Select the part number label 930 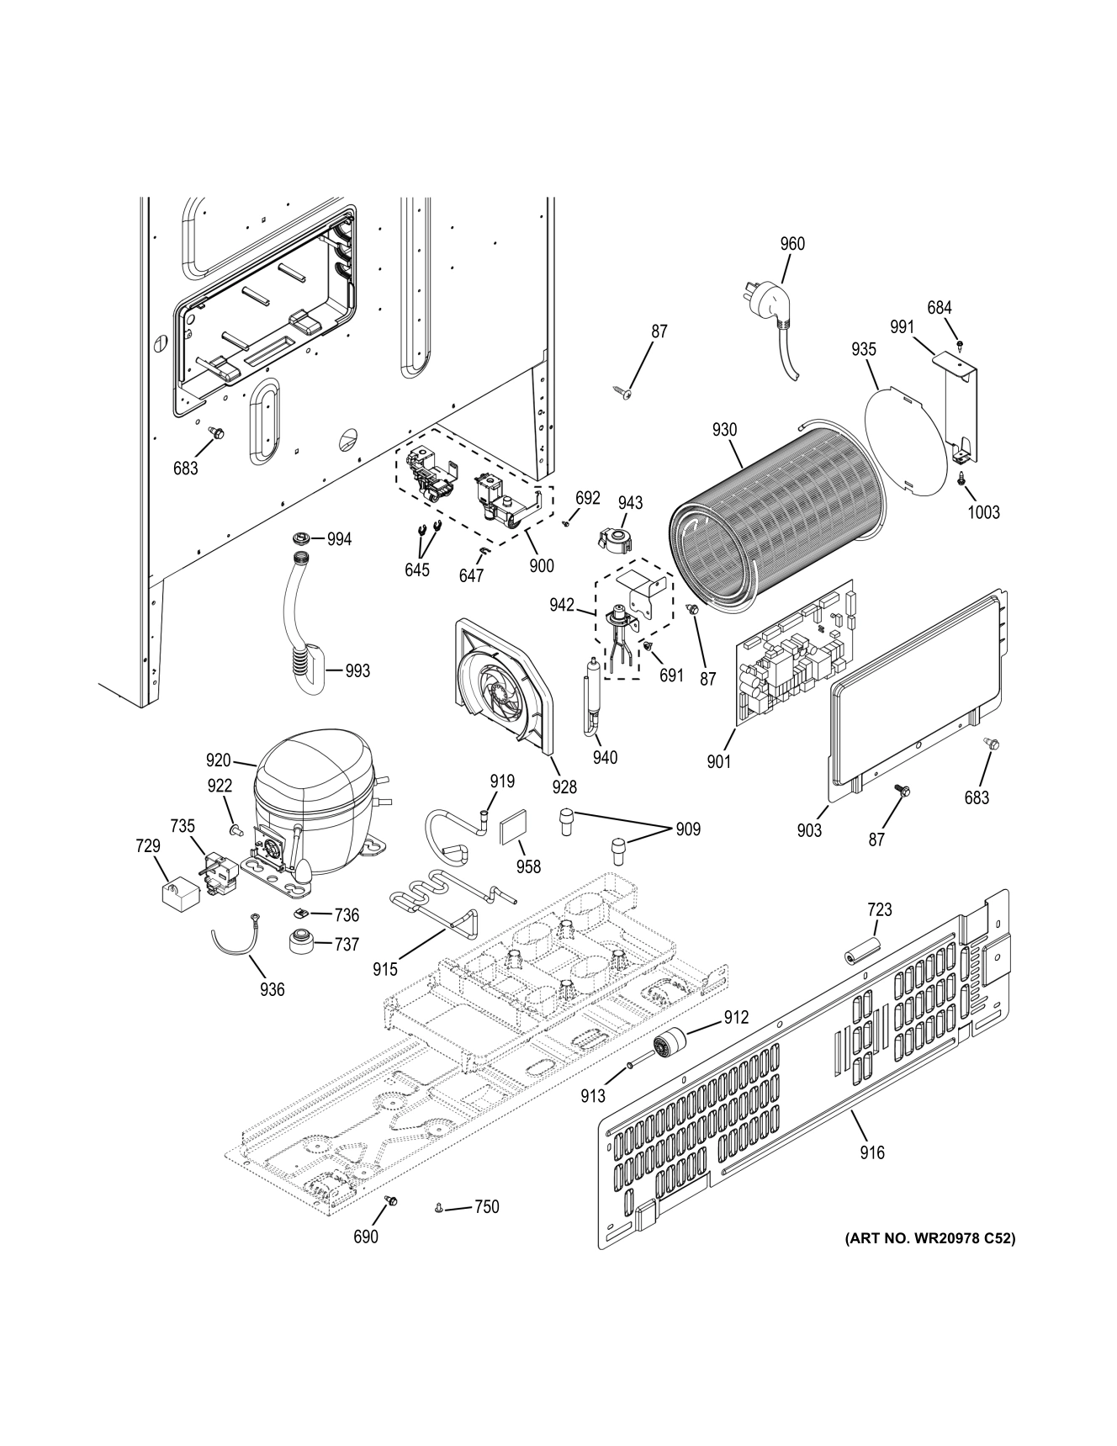coord(724,430)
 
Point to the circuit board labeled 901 coord(795,647)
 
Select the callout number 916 coord(872,1152)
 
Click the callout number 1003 coord(983,511)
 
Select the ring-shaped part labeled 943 coord(618,540)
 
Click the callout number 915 coord(385,969)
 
